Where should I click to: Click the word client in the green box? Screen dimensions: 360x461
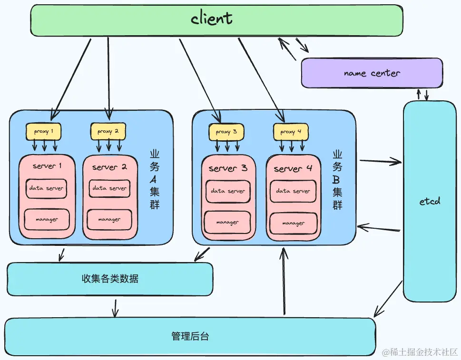click(212, 19)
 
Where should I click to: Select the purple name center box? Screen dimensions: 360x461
click(372, 73)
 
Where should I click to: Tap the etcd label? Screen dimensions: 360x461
click(430, 201)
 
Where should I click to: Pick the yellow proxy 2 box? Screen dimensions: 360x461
click(108, 131)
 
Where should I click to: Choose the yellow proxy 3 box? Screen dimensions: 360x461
click(226, 132)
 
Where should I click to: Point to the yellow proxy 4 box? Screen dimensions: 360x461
click(291, 132)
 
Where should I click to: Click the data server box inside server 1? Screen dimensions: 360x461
click(46, 188)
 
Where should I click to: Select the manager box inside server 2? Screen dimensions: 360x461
click(109, 219)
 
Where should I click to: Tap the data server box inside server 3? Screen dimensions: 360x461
click(228, 191)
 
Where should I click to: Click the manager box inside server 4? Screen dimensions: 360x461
click(293, 223)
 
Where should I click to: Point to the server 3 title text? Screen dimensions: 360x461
click(228, 168)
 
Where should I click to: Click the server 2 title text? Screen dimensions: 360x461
click(109, 167)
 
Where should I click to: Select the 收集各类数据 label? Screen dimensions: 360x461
click(110, 279)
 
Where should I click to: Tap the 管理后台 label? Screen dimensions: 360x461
click(190, 337)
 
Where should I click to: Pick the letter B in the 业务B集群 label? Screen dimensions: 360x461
click(337, 180)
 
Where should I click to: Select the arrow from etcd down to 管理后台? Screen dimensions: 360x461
click(388, 300)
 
